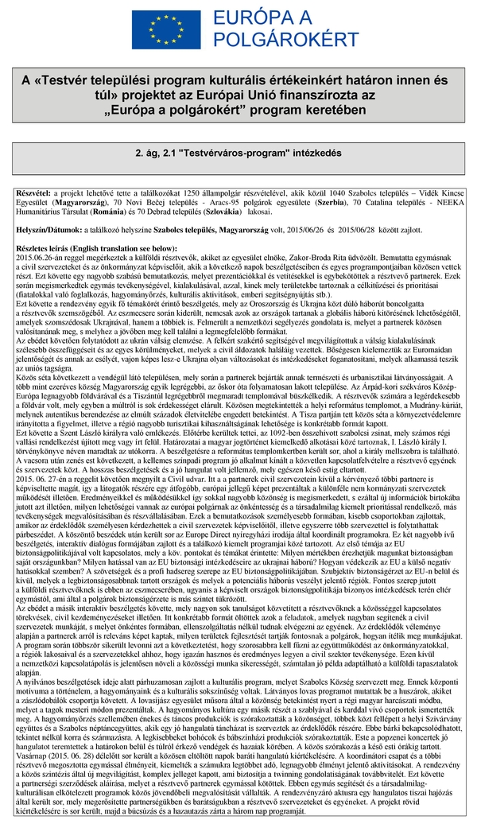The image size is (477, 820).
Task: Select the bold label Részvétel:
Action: pos(33,193)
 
